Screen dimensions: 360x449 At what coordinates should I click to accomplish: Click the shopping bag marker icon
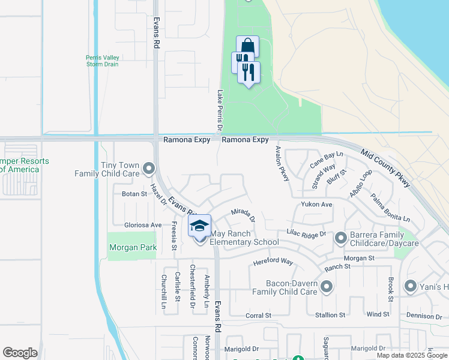point(247,46)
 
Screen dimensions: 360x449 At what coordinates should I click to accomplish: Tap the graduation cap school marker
point(199,226)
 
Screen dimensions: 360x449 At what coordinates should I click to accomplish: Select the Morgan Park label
point(132,247)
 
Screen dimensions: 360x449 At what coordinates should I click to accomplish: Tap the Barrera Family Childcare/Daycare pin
point(340,239)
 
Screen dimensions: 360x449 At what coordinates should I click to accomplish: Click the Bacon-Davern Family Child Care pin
point(327,287)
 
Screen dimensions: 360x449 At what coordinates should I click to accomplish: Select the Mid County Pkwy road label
point(385,168)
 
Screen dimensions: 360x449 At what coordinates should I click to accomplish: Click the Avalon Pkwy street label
point(282,163)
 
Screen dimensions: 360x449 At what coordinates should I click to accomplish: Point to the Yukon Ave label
point(316,205)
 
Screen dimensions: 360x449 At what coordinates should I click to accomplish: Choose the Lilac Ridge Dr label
point(306,233)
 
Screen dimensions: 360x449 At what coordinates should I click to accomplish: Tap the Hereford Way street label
point(273,262)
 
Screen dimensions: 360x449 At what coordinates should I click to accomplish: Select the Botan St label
point(134,194)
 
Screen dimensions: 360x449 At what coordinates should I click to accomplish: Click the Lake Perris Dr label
point(220,112)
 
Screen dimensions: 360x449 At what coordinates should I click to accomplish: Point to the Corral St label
point(258,315)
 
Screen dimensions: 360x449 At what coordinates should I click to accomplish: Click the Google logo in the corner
point(20,353)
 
